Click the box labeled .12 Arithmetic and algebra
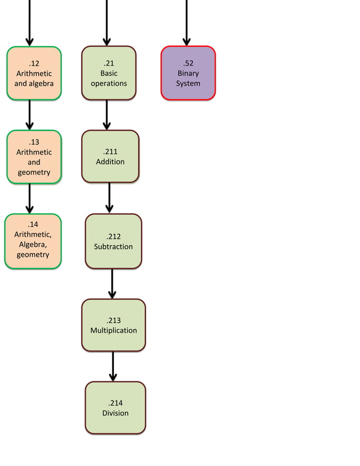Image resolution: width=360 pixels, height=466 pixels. coord(34,73)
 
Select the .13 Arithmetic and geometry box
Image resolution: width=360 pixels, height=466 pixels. coord(34,157)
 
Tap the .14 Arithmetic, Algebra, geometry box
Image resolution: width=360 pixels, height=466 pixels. coord(33,241)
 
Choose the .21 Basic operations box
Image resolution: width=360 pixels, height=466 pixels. coord(109,73)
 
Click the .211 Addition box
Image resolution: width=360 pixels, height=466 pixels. coord(110,156)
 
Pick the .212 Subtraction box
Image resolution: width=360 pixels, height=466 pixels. coord(113,241)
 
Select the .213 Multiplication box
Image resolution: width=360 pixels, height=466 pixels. coord(113,325)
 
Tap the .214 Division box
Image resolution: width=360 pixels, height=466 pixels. coord(115,408)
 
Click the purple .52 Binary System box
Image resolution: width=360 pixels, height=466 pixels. coord(188,73)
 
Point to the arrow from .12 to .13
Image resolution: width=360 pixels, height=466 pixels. coord(30,115)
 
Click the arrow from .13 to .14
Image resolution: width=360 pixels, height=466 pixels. coord(30,199)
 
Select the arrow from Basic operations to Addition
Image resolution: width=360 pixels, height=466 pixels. coord(107,115)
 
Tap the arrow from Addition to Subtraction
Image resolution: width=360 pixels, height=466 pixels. coord(109,198)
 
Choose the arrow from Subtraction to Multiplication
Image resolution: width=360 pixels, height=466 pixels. coord(112,283)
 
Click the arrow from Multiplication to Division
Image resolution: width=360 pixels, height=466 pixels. coord(113,366)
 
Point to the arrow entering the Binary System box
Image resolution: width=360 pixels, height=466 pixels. coord(186,23)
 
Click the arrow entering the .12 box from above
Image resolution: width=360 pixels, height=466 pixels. coord(29,23)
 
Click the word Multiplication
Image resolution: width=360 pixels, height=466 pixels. coord(113,331)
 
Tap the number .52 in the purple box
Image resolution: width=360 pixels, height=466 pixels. coord(188,63)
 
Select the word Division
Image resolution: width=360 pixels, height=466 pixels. coord(115,414)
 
